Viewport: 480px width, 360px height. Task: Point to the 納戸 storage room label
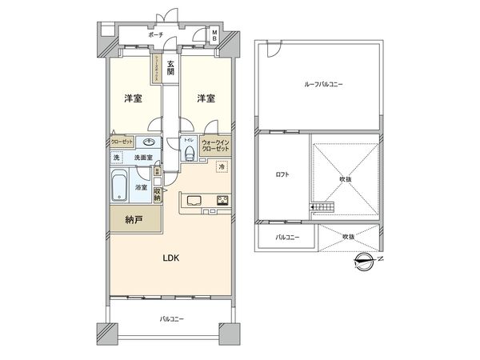tap(134, 218)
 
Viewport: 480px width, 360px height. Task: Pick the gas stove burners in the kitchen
tap(222, 201)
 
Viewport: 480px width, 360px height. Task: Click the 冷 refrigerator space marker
tap(222, 167)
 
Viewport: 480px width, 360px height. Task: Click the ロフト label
tap(282, 175)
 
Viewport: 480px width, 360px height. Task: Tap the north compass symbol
tap(366, 259)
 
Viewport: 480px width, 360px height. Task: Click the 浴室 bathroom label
tap(140, 186)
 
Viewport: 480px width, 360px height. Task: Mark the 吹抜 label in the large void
tap(344, 179)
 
